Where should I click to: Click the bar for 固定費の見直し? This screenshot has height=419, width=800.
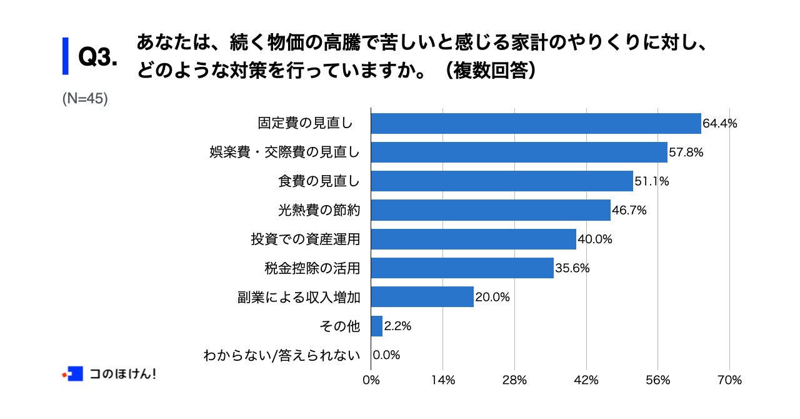[536, 123]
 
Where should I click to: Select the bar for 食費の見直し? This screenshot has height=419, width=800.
[502, 181]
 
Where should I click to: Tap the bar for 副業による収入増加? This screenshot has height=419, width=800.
[422, 297]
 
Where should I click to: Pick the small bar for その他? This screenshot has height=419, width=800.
[377, 326]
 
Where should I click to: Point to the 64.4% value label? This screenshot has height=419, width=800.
[720, 123]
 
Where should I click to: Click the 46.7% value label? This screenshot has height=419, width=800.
[629, 210]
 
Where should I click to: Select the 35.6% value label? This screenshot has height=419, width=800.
[572, 268]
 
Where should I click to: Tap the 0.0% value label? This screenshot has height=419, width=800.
[386, 355]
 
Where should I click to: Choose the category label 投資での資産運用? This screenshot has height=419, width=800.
[306, 240]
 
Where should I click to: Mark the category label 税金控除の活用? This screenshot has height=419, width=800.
[312, 268]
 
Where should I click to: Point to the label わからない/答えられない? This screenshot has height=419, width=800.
[282, 355]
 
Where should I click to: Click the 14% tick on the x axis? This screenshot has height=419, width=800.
[442, 380]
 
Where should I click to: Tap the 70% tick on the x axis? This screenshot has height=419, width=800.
[729, 380]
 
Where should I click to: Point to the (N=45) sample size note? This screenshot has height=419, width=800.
[85, 99]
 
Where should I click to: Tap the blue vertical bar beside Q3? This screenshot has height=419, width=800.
[65, 56]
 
